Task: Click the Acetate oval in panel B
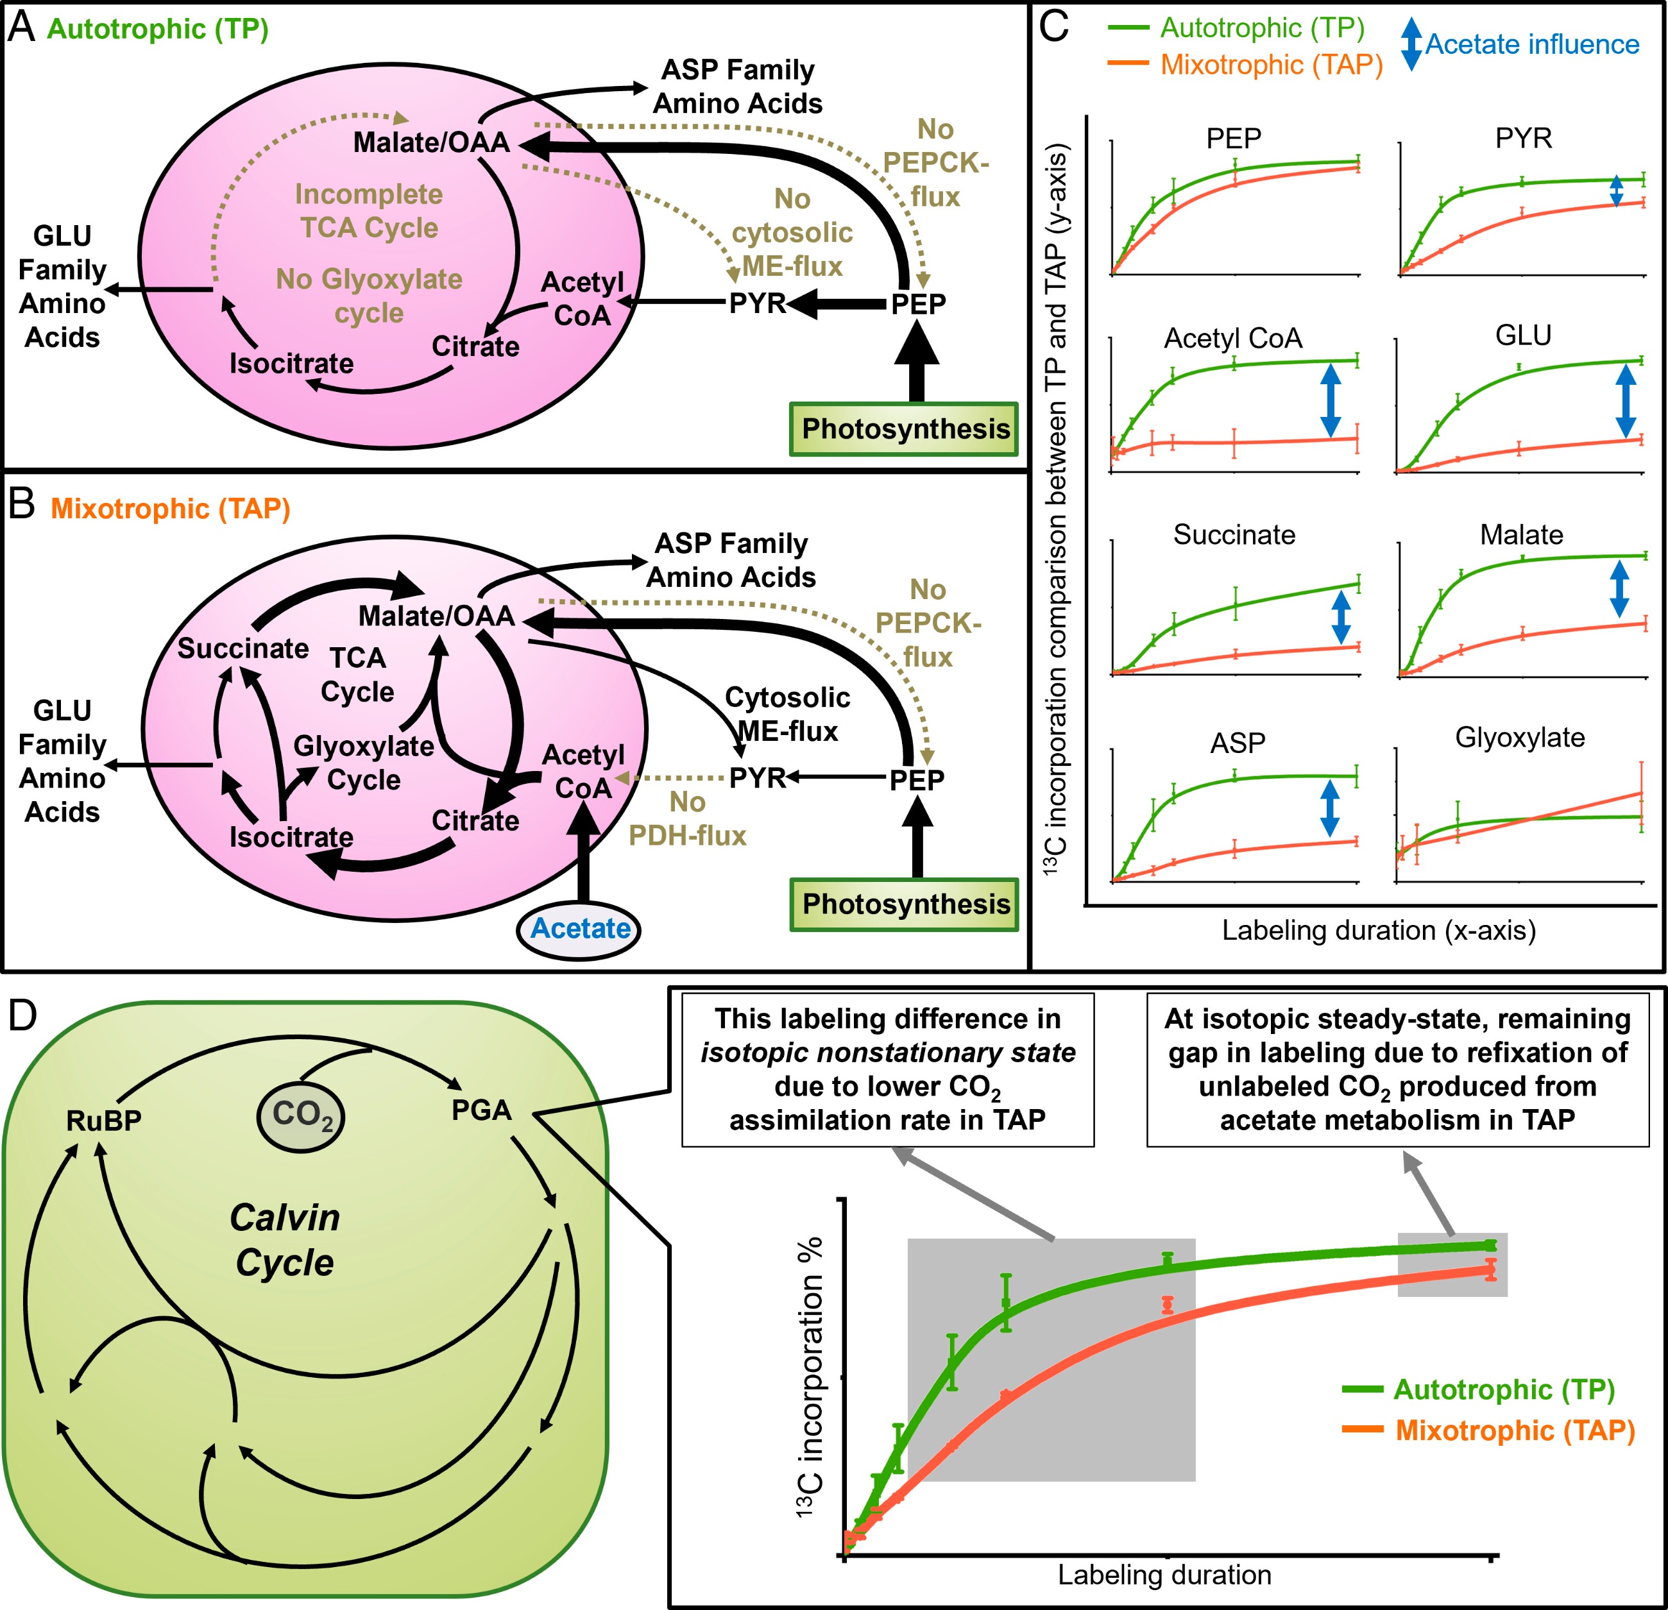point(579,928)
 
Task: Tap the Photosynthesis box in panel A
point(905,429)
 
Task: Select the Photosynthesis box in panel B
point(905,904)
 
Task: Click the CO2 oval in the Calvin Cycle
point(302,1115)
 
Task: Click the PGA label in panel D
point(482,1110)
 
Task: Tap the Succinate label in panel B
point(243,648)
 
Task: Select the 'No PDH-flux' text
point(688,818)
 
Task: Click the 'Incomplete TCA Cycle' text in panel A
point(368,211)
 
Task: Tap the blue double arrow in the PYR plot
point(1616,191)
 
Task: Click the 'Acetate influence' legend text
point(1532,44)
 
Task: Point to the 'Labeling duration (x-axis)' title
point(1379,930)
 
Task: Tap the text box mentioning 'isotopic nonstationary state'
point(888,1070)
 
